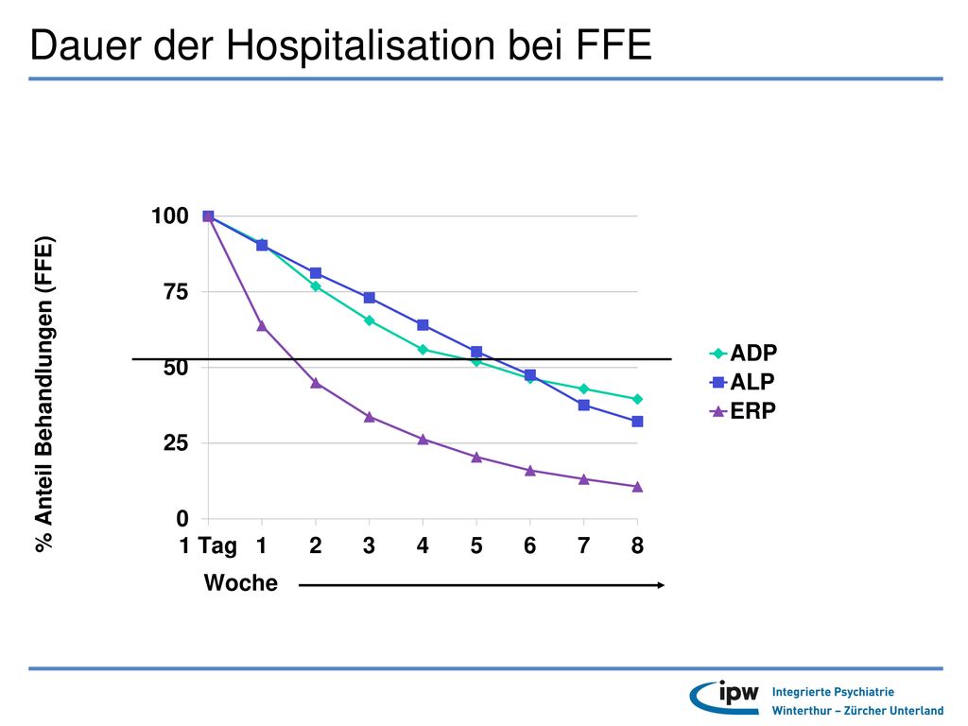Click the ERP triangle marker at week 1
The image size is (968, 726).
click(x=262, y=326)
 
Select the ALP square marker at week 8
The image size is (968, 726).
click(x=638, y=422)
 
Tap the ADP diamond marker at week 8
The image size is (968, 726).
click(x=638, y=399)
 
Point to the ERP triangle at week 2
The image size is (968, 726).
click(x=316, y=383)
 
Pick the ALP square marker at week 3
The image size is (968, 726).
click(x=370, y=298)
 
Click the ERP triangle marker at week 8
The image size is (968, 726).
click(x=638, y=487)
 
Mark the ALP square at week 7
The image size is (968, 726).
click(x=584, y=405)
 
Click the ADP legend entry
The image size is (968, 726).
click(x=743, y=354)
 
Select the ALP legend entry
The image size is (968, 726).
click(x=742, y=382)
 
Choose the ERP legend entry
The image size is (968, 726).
click(x=743, y=410)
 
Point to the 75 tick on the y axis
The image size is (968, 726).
click(x=176, y=291)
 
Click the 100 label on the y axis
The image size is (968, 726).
click(x=170, y=216)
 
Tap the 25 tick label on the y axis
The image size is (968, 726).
click(x=176, y=442)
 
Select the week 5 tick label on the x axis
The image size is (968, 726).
click(x=476, y=545)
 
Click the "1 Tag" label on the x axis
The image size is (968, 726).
click(x=208, y=546)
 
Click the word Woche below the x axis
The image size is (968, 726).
click(x=241, y=582)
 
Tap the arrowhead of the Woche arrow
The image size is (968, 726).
click(x=661, y=585)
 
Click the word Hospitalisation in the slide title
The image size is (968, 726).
click(x=360, y=44)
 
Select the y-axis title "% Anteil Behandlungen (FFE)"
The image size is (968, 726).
click(x=44, y=394)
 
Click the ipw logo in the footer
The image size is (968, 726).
click(x=725, y=697)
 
